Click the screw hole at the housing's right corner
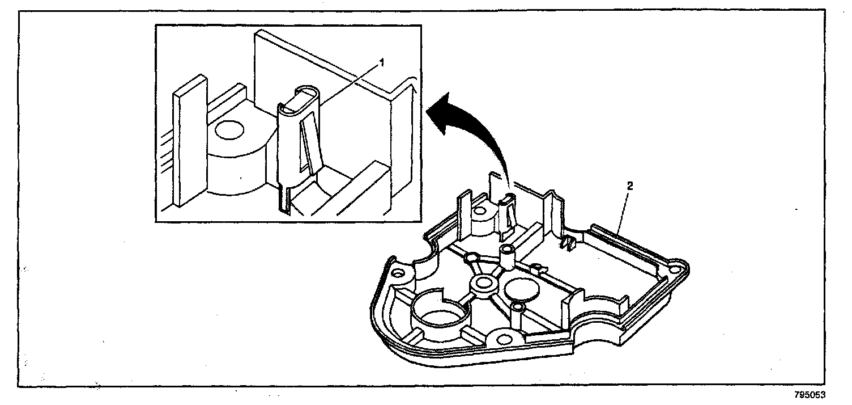pyautogui.click(x=675, y=265)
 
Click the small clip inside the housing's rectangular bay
pyautogui.click(x=569, y=244)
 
